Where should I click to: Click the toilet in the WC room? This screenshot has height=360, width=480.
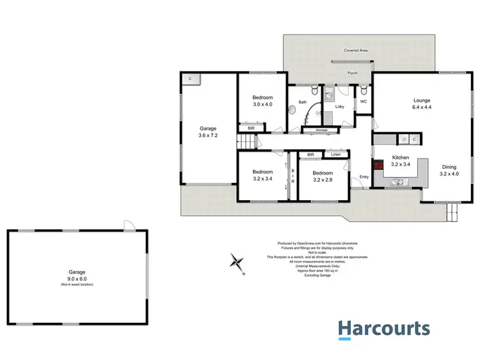tap(363, 90)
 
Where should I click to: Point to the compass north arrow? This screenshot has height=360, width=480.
tap(238, 262)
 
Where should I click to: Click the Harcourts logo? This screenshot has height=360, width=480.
tap(384, 329)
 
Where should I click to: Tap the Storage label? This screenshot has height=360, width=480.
tap(321, 130)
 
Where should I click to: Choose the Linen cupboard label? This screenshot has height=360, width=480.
tap(336, 155)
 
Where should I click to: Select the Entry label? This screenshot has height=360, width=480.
tap(364, 177)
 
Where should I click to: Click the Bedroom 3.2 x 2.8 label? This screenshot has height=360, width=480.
tap(323, 176)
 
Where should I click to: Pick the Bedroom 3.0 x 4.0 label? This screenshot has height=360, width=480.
tap(262, 101)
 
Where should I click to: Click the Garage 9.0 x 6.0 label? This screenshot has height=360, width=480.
tap(77, 276)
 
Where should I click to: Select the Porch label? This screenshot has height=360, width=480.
tap(353, 73)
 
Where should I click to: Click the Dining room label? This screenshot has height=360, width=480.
tap(449, 171)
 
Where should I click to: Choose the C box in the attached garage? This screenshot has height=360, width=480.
tap(190, 79)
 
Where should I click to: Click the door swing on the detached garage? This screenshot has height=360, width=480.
tap(128, 225)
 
